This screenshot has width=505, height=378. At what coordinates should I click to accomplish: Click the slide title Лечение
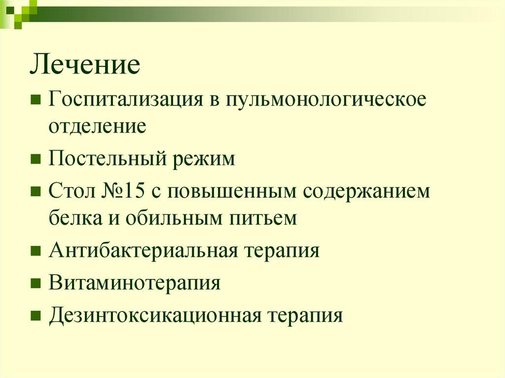pos(85,66)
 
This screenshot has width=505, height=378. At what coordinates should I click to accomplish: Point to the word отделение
pos(97,126)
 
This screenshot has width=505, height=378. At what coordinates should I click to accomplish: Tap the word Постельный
pos(104,160)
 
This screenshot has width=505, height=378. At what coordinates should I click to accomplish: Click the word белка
pos(72,217)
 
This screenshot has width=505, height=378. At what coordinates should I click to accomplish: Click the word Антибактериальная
pos(144,251)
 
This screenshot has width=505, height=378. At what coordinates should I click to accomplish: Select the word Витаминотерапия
pos(134,283)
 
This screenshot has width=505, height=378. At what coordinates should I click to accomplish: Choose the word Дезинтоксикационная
pos(154,315)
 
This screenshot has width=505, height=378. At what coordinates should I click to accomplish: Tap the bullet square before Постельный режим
pos(36,160)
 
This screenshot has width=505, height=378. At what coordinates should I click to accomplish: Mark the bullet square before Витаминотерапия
pos(36,284)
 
